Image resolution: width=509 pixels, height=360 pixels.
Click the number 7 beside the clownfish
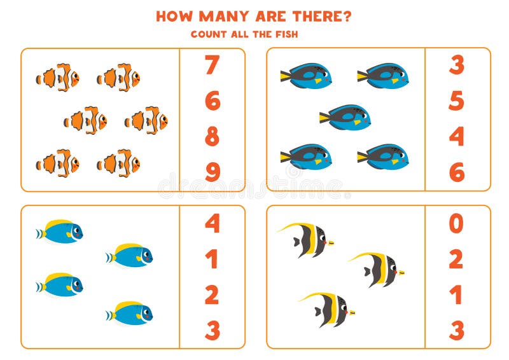click(212, 65)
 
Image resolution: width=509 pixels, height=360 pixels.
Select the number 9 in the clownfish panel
click(212, 172)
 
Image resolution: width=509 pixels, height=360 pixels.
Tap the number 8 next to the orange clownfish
click(212, 137)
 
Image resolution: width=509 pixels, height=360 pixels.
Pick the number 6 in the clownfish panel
click(212, 100)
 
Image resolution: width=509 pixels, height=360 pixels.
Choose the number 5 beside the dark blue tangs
click(456, 100)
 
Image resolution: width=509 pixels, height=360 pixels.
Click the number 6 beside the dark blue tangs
click(456, 172)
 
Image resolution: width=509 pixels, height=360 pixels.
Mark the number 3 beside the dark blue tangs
click(456, 65)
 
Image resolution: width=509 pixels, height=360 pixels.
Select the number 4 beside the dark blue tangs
click(456, 137)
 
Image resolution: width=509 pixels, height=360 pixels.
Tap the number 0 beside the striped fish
click(456, 223)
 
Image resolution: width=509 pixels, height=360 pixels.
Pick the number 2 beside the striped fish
click(456, 260)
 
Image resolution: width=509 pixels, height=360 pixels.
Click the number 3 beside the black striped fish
click(456, 331)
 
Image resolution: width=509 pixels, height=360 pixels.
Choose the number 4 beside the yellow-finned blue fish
click(212, 223)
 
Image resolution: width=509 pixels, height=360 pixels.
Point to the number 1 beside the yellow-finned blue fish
click(212, 260)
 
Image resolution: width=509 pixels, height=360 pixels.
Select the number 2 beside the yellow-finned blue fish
click(212, 295)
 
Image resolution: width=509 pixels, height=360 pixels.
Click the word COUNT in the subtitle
click(208, 34)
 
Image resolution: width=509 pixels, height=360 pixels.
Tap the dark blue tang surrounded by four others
click(345, 117)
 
